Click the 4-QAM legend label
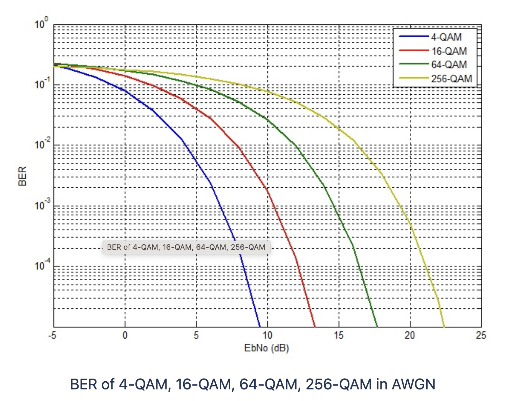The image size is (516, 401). pyautogui.click(x=446, y=37)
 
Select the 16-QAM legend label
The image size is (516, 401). pyautogui.click(x=449, y=51)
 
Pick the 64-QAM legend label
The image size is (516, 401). pyautogui.click(x=449, y=64)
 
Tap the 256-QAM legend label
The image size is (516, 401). pyautogui.click(x=451, y=78)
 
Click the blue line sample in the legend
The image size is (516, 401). pyautogui.click(x=414, y=37)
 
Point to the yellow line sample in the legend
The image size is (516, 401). pyautogui.click(x=414, y=78)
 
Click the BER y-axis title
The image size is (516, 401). pyautogui.click(x=22, y=176)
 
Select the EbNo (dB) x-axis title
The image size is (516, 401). pyautogui.click(x=266, y=348)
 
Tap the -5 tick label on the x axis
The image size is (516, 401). pyautogui.click(x=52, y=336)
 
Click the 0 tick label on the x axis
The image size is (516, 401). pyautogui.click(x=125, y=336)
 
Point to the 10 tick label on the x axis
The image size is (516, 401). pyautogui.click(x=267, y=336)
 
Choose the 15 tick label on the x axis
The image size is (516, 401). pyautogui.click(x=339, y=336)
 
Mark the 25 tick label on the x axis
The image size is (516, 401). pyautogui.click(x=481, y=336)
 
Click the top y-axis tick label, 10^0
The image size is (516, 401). pyautogui.click(x=41, y=24)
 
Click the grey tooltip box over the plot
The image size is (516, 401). pyautogui.click(x=186, y=247)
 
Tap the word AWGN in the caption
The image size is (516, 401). pyautogui.click(x=413, y=384)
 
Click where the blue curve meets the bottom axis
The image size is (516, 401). pyautogui.click(x=259, y=326)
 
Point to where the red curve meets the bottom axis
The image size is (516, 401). pyautogui.click(x=315, y=326)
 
